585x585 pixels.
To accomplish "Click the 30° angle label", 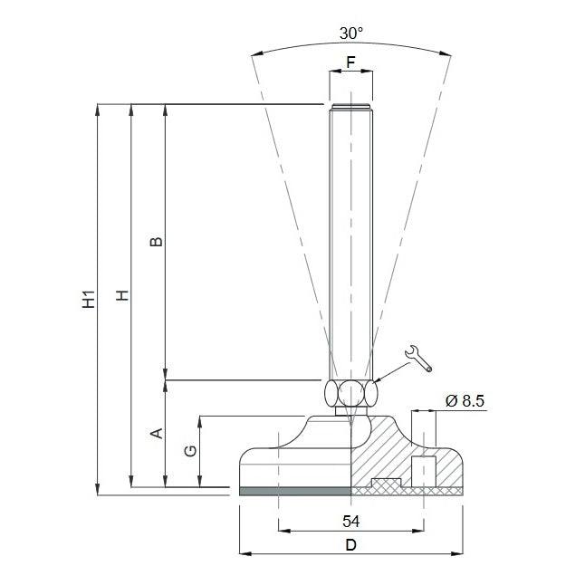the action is tap(351, 34).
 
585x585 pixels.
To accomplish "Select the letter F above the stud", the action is tap(350, 62).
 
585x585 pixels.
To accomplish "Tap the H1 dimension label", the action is tap(89, 299).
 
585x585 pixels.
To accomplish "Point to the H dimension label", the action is tap(122, 295).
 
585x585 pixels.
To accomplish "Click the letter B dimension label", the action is tap(156, 242).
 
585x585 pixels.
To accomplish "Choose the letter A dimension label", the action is tap(157, 433).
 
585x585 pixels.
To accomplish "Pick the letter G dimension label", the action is tap(190, 451).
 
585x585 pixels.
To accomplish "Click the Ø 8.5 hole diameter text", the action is tap(465, 401).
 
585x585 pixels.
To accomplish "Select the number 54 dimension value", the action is tap(351, 522).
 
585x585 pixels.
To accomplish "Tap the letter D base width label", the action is tap(351, 545).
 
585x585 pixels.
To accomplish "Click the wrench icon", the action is tap(418, 359).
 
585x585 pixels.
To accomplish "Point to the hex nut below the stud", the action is tap(350, 393).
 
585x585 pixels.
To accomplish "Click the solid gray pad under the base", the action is tap(295, 491).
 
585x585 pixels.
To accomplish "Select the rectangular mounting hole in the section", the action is tap(424, 472).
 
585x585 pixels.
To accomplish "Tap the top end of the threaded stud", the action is tap(350, 105).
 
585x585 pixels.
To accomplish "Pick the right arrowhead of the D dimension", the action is tap(457, 553).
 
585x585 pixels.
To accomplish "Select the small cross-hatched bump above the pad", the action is tap(387, 483).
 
